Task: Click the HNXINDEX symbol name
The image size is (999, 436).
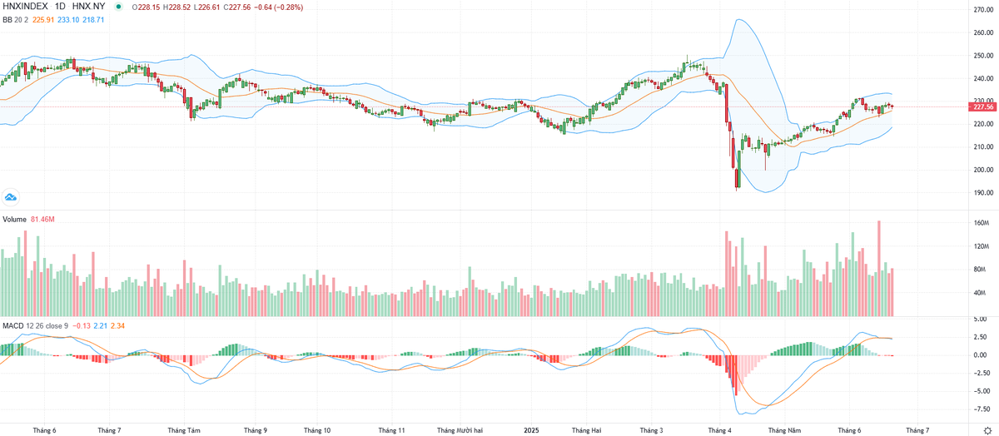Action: (x=25, y=7)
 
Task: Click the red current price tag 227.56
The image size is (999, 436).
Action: (x=984, y=107)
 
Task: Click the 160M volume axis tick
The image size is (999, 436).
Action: (x=981, y=223)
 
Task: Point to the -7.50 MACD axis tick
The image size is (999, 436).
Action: (x=981, y=409)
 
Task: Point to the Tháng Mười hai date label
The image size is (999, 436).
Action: (x=459, y=430)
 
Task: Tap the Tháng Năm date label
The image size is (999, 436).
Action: (x=784, y=430)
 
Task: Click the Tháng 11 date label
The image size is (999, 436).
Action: (x=391, y=430)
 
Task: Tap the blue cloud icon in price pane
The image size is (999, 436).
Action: (x=11, y=197)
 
